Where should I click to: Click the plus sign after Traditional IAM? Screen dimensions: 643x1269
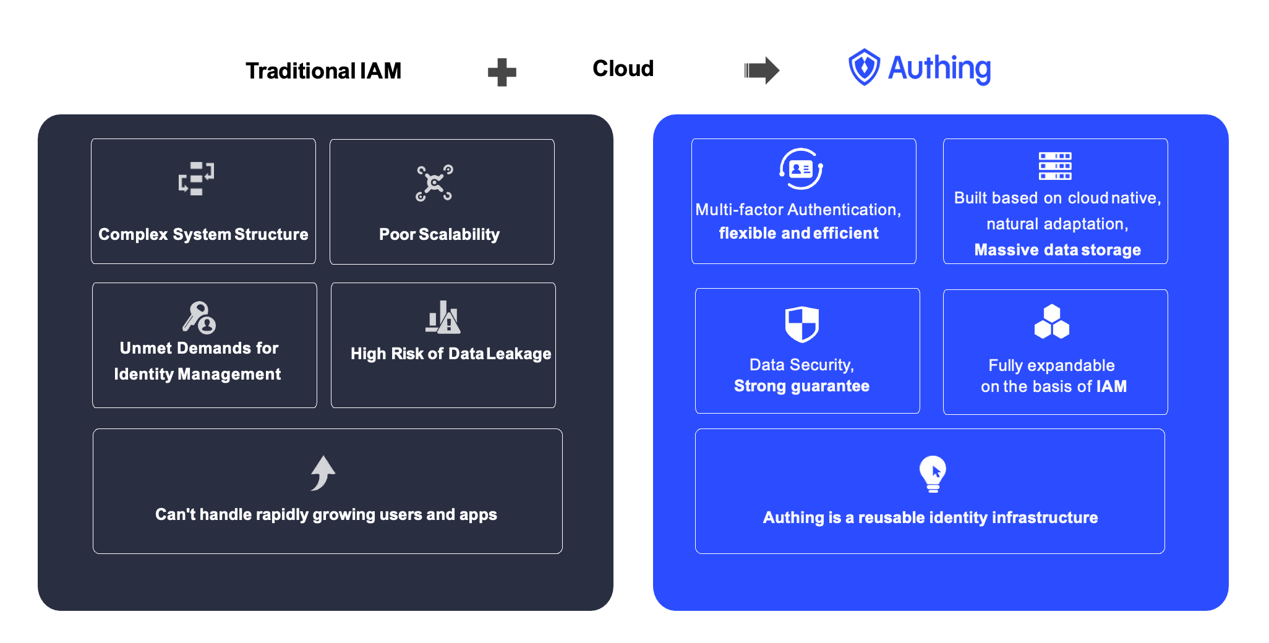pos(502,72)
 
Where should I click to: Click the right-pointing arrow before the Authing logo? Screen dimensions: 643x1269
pos(761,70)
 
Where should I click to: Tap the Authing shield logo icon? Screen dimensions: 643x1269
pos(863,67)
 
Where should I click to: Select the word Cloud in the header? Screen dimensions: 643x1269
pos(623,69)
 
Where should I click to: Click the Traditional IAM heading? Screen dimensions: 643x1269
pos(323,71)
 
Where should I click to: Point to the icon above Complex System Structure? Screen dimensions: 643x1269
pos(197,179)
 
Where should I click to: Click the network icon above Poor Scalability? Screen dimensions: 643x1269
pos(434,183)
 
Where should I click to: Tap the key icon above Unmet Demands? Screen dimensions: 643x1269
pos(199,317)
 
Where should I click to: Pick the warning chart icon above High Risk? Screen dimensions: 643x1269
pos(443,317)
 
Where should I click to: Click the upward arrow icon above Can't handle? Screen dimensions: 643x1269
pos(323,473)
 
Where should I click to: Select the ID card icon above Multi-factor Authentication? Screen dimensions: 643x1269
pos(801,169)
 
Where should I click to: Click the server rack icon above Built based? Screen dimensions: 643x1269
pos(1055,166)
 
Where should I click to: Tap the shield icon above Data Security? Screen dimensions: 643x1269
pos(801,324)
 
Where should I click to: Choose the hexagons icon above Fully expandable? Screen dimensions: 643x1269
pos(1051,322)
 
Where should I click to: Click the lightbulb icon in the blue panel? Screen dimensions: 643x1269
pos(933,474)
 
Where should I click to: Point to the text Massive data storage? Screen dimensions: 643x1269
pos(1057,250)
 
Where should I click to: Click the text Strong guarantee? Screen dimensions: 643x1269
pos(801,386)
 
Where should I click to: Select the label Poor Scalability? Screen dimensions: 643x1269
pos(439,234)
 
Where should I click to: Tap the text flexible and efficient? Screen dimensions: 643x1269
pos(798,233)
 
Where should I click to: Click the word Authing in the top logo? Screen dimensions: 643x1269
pos(939,68)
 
